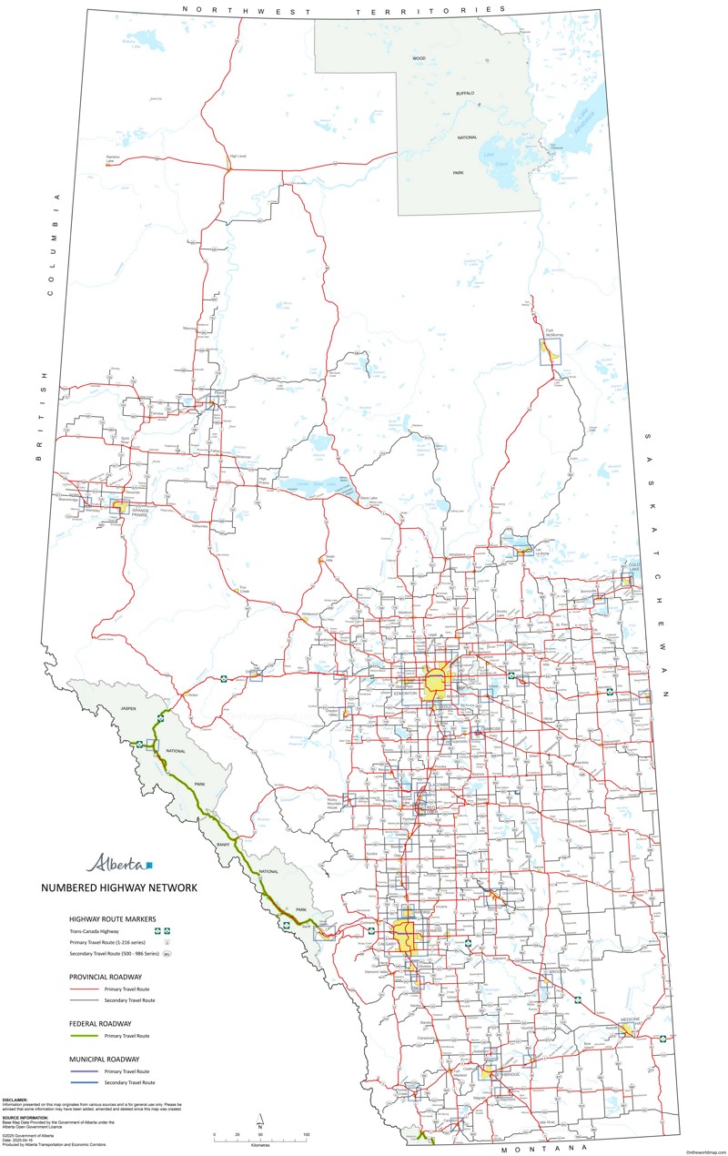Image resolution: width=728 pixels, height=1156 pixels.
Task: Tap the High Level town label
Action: coord(238,156)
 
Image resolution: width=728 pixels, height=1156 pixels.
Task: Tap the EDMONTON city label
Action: coord(405,694)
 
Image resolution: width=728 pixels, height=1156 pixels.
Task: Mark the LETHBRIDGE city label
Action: coord(506,1074)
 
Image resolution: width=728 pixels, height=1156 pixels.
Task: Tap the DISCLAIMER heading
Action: coord(15,1099)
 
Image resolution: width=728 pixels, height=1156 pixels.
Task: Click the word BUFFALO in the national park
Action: coord(466,94)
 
